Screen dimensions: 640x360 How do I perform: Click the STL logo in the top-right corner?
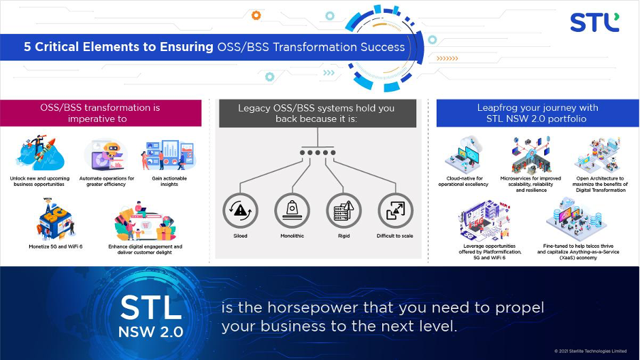[x=594, y=22]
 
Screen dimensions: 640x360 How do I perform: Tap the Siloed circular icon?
[x=240, y=210]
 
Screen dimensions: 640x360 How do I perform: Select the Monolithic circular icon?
[x=292, y=210]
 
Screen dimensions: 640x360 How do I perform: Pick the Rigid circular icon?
[x=343, y=210]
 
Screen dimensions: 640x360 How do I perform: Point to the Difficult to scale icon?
[x=395, y=210]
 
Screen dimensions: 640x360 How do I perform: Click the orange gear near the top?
[x=256, y=16]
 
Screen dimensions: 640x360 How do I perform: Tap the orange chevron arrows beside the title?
[x=448, y=59]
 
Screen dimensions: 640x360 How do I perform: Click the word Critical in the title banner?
[x=56, y=47]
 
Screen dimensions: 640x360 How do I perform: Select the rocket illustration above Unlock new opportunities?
[x=40, y=153]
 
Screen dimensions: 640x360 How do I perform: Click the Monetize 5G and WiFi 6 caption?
[x=56, y=247]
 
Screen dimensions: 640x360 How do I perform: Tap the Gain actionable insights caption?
[x=169, y=182]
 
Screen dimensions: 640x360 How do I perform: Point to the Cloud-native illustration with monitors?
[x=464, y=155]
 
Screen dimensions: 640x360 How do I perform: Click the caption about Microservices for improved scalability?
[x=530, y=184]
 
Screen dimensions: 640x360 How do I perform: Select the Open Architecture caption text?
[x=600, y=184]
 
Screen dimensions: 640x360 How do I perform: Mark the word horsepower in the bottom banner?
[x=313, y=308]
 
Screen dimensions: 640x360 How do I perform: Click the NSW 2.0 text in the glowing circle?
[x=150, y=332]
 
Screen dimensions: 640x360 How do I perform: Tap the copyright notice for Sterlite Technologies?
[x=590, y=351]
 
